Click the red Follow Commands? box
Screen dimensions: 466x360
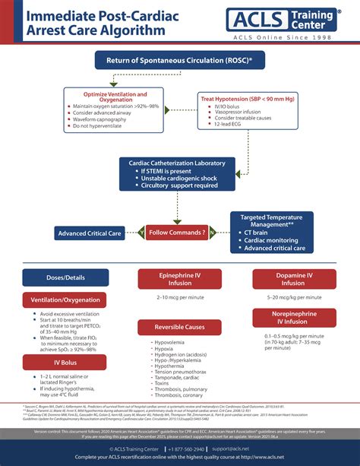[x=177, y=233]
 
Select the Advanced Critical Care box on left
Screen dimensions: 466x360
[x=90, y=233]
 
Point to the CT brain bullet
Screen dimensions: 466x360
[x=262, y=233]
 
